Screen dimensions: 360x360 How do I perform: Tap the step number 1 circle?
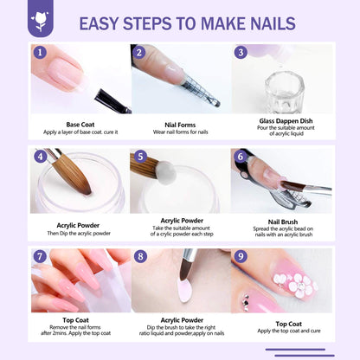pos(39,53)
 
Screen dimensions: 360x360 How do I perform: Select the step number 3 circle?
pos(240,53)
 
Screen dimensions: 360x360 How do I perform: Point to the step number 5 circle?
pos(139,157)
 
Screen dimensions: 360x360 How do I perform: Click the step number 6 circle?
pos(240,157)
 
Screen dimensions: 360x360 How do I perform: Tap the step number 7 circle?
pos(39,257)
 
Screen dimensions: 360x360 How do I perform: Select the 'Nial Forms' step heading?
pos(179,123)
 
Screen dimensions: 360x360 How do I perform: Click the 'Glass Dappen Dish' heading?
pos(280,120)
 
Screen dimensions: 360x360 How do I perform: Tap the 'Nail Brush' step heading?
pos(280,222)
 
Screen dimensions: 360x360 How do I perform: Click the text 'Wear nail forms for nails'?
pos(179,132)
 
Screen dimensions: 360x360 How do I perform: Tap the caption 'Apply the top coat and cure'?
pos(280,331)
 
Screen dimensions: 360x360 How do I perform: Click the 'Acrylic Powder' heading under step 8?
pos(179,319)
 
